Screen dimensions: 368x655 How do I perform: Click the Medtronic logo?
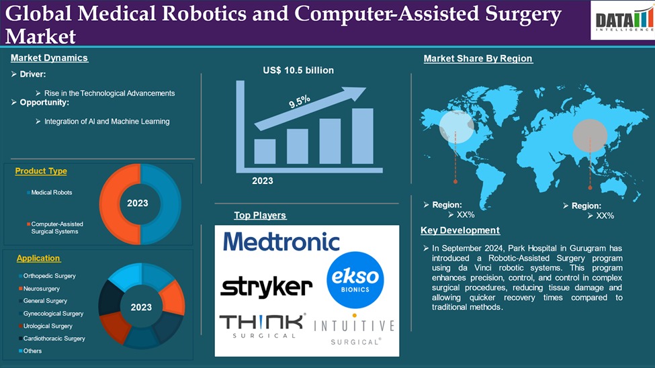[281, 242]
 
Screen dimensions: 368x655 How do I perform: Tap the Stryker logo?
[266, 287]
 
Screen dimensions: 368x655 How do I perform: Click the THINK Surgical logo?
[263, 326]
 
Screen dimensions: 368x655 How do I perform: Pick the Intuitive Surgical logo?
[354, 332]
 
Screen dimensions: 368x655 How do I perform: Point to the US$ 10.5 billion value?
[298, 70]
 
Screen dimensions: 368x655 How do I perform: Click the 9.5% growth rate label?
[299, 102]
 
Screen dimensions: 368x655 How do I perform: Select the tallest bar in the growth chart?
[362, 136]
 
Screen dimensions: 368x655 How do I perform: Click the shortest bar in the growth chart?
[265, 152]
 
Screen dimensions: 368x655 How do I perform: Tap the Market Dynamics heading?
[49, 58]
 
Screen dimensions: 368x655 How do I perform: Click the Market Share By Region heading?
[478, 58]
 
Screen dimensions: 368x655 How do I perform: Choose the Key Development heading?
[460, 230]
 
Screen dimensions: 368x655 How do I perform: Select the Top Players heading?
[260, 216]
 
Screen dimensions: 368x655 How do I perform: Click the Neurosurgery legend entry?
[41, 289]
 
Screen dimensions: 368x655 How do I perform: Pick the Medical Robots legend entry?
[51, 193]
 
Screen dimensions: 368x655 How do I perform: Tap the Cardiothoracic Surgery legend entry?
[54, 338]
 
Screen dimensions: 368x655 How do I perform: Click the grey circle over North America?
[456, 126]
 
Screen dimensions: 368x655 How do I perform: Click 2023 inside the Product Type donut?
[138, 203]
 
